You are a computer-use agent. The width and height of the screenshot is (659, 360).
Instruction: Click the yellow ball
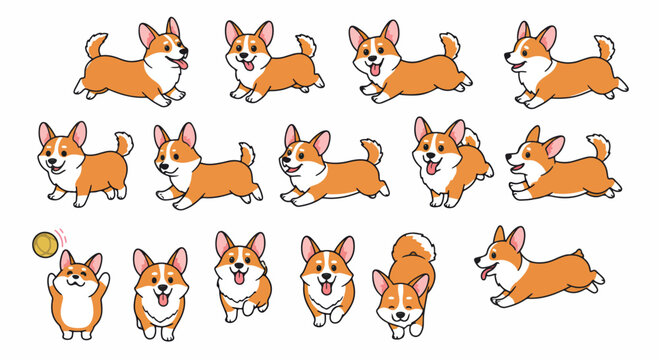(x=44, y=243)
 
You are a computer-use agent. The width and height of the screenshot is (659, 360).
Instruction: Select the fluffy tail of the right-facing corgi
(x=96, y=44)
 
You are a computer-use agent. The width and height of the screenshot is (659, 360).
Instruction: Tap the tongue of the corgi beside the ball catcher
(x=161, y=299)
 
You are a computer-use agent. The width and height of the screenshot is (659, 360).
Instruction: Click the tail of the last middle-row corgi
(x=599, y=146)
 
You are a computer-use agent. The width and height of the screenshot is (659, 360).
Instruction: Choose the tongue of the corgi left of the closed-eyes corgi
(x=326, y=290)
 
